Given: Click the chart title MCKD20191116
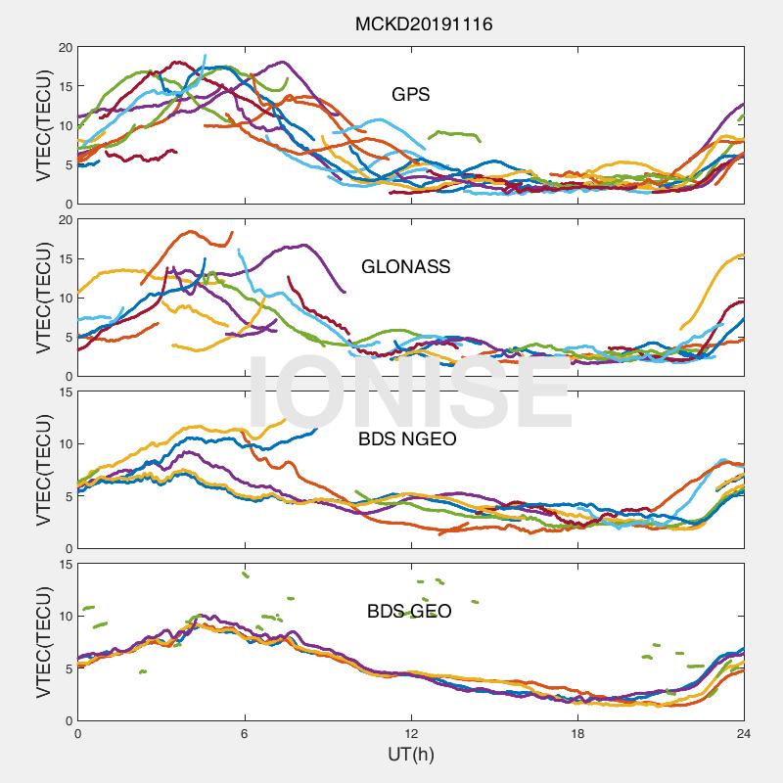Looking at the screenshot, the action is pos(424,23).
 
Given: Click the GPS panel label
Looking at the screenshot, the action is pos(410,94).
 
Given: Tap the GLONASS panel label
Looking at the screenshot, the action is pos(405,266).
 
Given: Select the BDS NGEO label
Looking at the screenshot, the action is pos(407,438).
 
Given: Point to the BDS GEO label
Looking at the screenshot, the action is pos(409,611).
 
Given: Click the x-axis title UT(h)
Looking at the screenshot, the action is pos(410,754).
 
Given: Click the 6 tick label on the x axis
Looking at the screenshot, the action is pos(245,733).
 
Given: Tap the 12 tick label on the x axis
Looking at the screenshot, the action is pos(411,733).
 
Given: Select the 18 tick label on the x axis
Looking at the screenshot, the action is pos(577,733).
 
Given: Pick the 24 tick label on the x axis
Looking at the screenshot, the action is pos(744,733).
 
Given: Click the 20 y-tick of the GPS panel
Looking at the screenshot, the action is pos(66,48).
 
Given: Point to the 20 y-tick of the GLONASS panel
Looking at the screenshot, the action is pos(66,220).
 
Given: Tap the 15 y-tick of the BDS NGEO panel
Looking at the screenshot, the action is pos(66,392).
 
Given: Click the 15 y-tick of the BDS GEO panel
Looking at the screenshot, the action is pos(66,565).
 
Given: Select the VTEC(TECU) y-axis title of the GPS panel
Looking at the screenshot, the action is pos(44,125).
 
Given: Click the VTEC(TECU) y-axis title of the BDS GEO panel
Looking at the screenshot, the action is pos(44,642).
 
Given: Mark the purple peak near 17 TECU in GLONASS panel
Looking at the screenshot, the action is pos(303,246).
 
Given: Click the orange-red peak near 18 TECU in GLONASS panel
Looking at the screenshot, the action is pos(190,231).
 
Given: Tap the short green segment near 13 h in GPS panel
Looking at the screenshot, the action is pos(454,135).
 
